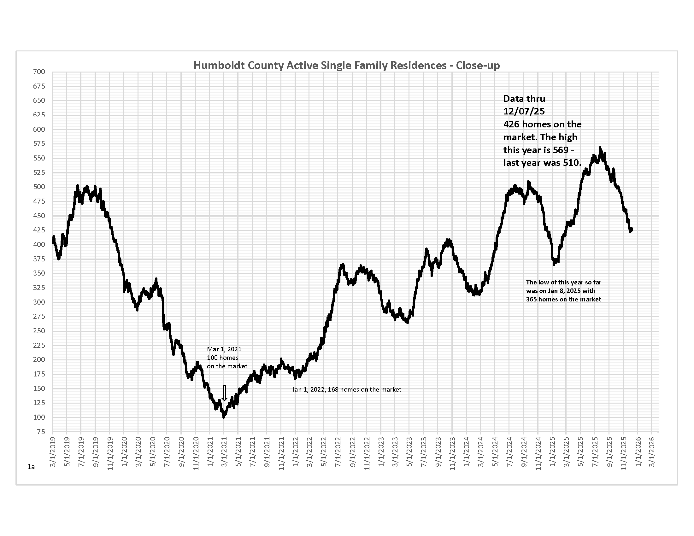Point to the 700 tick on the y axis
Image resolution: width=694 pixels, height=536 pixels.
[39, 72]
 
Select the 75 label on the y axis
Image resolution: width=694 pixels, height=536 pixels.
[41, 432]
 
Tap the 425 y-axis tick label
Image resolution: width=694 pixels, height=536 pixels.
[39, 230]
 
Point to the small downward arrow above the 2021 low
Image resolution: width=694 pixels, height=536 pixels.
[224, 393]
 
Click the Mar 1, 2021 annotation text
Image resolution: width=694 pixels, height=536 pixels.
[224, 349]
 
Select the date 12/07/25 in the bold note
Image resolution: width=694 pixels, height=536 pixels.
[524, 111]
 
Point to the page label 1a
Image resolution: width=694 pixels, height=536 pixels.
[31, 467]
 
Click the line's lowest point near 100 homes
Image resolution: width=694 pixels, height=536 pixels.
[224, 417]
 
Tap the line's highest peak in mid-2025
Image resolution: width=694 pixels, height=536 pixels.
[600, 148]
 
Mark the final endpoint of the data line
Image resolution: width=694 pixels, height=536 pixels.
[632, 229]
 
